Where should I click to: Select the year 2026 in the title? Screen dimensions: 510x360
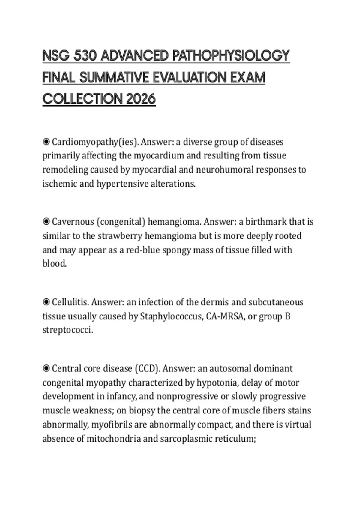tap(141, 99)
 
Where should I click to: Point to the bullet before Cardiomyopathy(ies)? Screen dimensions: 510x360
tap(46, 142)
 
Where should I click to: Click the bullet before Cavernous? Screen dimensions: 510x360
tap(46, 222)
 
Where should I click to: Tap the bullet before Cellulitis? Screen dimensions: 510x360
tap(46, 302)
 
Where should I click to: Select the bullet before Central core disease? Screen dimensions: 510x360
tap(46, 368)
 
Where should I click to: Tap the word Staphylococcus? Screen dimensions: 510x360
tap(171, 316)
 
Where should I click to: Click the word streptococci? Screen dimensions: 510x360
tap(68, 330)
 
